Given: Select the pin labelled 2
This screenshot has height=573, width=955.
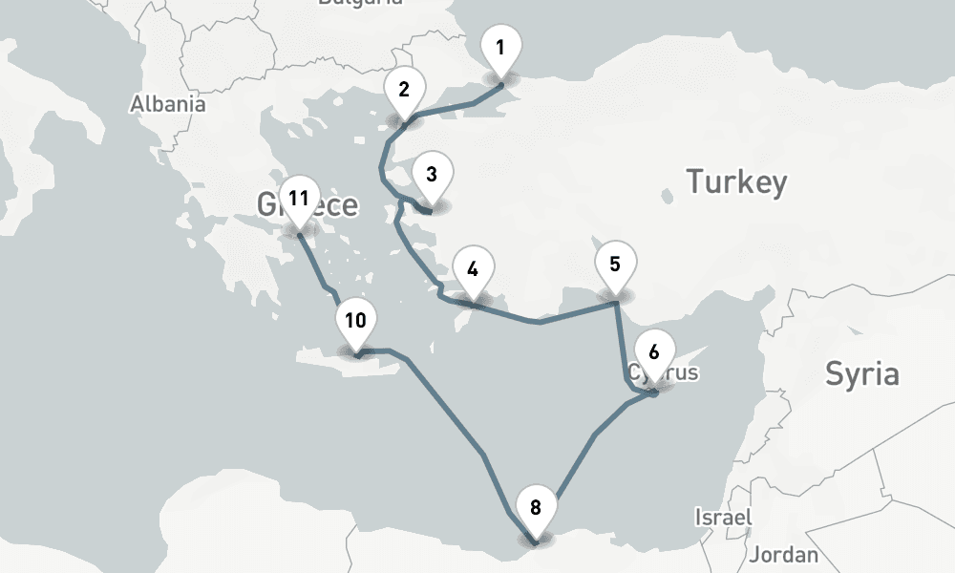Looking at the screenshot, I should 404,91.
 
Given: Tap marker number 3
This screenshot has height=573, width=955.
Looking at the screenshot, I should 432,175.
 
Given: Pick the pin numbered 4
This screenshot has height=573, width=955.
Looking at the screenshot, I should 472,269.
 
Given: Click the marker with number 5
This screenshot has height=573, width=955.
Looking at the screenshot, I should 615,264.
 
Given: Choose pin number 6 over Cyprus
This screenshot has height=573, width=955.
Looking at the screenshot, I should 654,351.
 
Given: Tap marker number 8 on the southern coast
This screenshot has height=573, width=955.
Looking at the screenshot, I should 535,508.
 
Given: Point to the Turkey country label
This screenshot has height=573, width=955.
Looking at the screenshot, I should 737,181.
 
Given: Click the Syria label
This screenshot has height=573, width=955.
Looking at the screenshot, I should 861,373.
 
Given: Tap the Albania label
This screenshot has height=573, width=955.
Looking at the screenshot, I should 168,104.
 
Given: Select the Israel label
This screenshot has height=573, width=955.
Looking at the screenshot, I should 723,518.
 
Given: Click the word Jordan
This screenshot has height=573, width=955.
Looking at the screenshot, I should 784,554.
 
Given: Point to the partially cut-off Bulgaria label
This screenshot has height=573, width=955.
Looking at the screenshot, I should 360,4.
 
